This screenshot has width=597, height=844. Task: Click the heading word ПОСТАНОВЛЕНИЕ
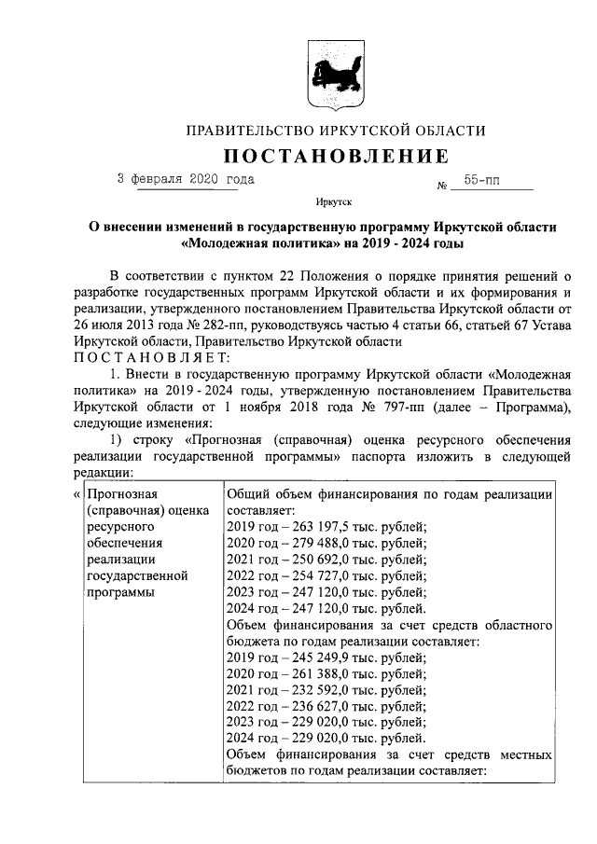coord(335,155)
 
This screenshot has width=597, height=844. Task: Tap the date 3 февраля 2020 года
coord(185,178)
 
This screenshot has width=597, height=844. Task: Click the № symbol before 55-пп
coord(442,185)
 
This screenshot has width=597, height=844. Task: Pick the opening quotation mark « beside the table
coord(76,494)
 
